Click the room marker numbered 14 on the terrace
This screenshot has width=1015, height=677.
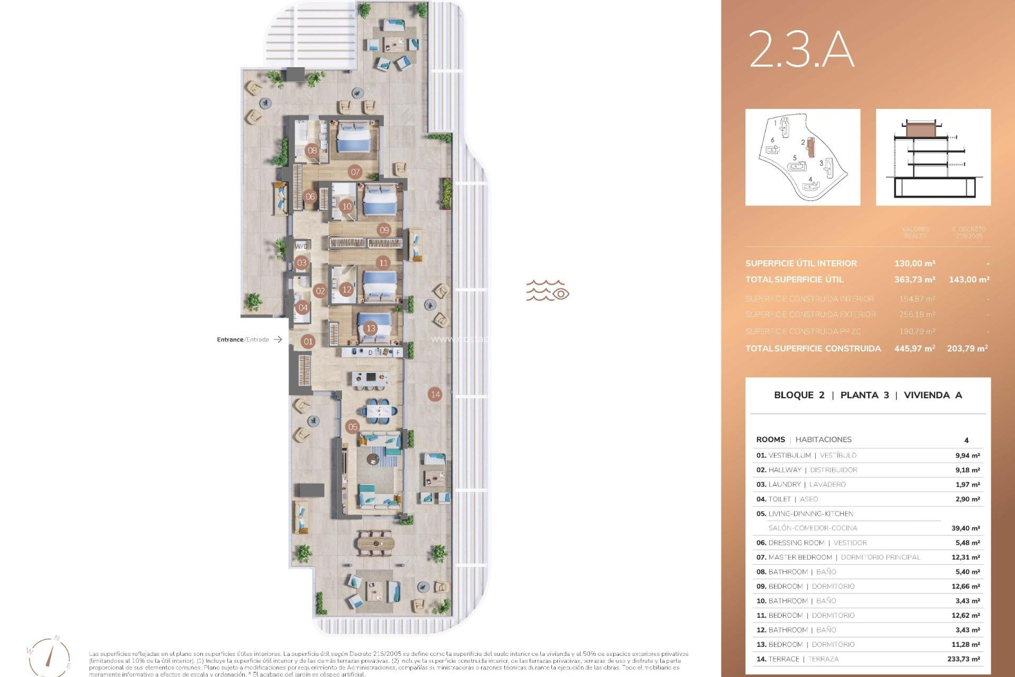point(435,394)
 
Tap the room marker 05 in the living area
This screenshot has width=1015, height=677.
point(353,427)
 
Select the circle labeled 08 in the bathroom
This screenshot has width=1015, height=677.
point(312,150)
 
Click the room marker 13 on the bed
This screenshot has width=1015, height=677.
point(371,328)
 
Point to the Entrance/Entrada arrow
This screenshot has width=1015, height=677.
point(278,340)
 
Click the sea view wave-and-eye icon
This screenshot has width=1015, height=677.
point(547,291)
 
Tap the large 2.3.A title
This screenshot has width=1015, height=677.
point(801,49)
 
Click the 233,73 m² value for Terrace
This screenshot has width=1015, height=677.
point(963,659)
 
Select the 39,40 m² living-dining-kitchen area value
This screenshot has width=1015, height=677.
point(965,528)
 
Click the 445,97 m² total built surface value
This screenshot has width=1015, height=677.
point(915,349)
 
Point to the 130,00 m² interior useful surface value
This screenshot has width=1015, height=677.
point(915,263)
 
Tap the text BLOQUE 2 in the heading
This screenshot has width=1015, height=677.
point(799,395)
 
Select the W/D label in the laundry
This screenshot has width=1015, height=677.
point(301,246)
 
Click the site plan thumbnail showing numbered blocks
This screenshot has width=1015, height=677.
point(802,157)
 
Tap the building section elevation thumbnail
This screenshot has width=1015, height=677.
point(933,157)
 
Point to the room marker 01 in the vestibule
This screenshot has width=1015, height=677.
point(308,342)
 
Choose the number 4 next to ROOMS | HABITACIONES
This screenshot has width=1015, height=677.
point(966,440)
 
